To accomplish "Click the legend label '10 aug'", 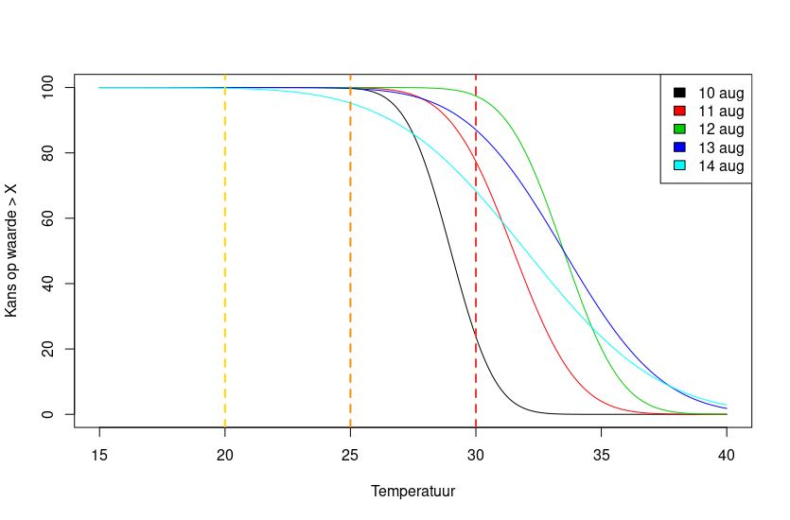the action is point(721,93).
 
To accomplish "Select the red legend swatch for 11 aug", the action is point(679,111).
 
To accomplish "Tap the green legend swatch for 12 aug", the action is point(679,129).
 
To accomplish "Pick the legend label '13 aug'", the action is point(721,148).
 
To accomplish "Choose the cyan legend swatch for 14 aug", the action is point(679,165).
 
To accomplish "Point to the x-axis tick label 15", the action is point(99,456).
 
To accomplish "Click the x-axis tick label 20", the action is point(225,456).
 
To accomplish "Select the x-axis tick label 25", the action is point(350,456).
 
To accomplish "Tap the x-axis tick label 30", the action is point(476,456).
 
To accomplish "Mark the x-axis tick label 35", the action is point(601,456).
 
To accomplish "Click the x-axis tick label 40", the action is point(727,456).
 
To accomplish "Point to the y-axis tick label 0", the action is point(47,414).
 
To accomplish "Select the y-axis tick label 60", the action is point(47,218).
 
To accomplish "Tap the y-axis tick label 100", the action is point(47,88).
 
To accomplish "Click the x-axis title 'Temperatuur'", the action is point(413,492).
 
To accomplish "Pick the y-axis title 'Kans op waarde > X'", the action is point(11,251).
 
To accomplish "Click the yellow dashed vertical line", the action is point(225,251).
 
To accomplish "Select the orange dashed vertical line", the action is point(350,251).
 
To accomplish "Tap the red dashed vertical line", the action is point(476,251).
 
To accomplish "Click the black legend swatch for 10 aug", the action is point(679,93).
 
